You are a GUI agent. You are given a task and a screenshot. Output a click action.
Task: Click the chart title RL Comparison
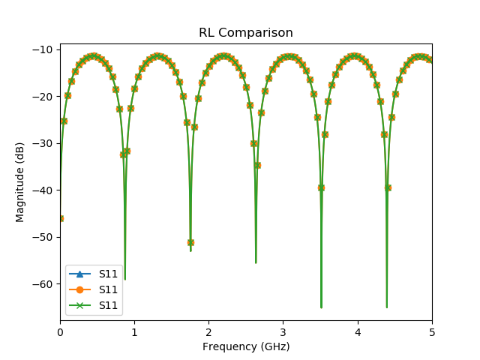(x=245, y=33)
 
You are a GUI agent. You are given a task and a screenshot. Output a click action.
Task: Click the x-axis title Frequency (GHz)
(x=245, y=346)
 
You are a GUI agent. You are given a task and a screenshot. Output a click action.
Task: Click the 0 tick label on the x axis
(x=60, y=332)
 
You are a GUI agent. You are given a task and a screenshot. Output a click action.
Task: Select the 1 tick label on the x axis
(x=134, y=332)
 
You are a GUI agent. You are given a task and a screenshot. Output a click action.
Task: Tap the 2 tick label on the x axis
(x=208, y=332)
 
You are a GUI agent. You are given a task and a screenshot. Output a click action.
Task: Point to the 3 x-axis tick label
(x=283, y=332)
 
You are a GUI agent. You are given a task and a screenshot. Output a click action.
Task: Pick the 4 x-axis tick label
(x=358, y=332)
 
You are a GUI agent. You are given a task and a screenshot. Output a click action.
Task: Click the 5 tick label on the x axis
(x=432, y=332)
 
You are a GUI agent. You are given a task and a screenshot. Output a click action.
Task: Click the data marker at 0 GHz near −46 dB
(x=60, y=218)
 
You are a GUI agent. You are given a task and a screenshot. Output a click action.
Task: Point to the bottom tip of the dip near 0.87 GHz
(x=124, y=280)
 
